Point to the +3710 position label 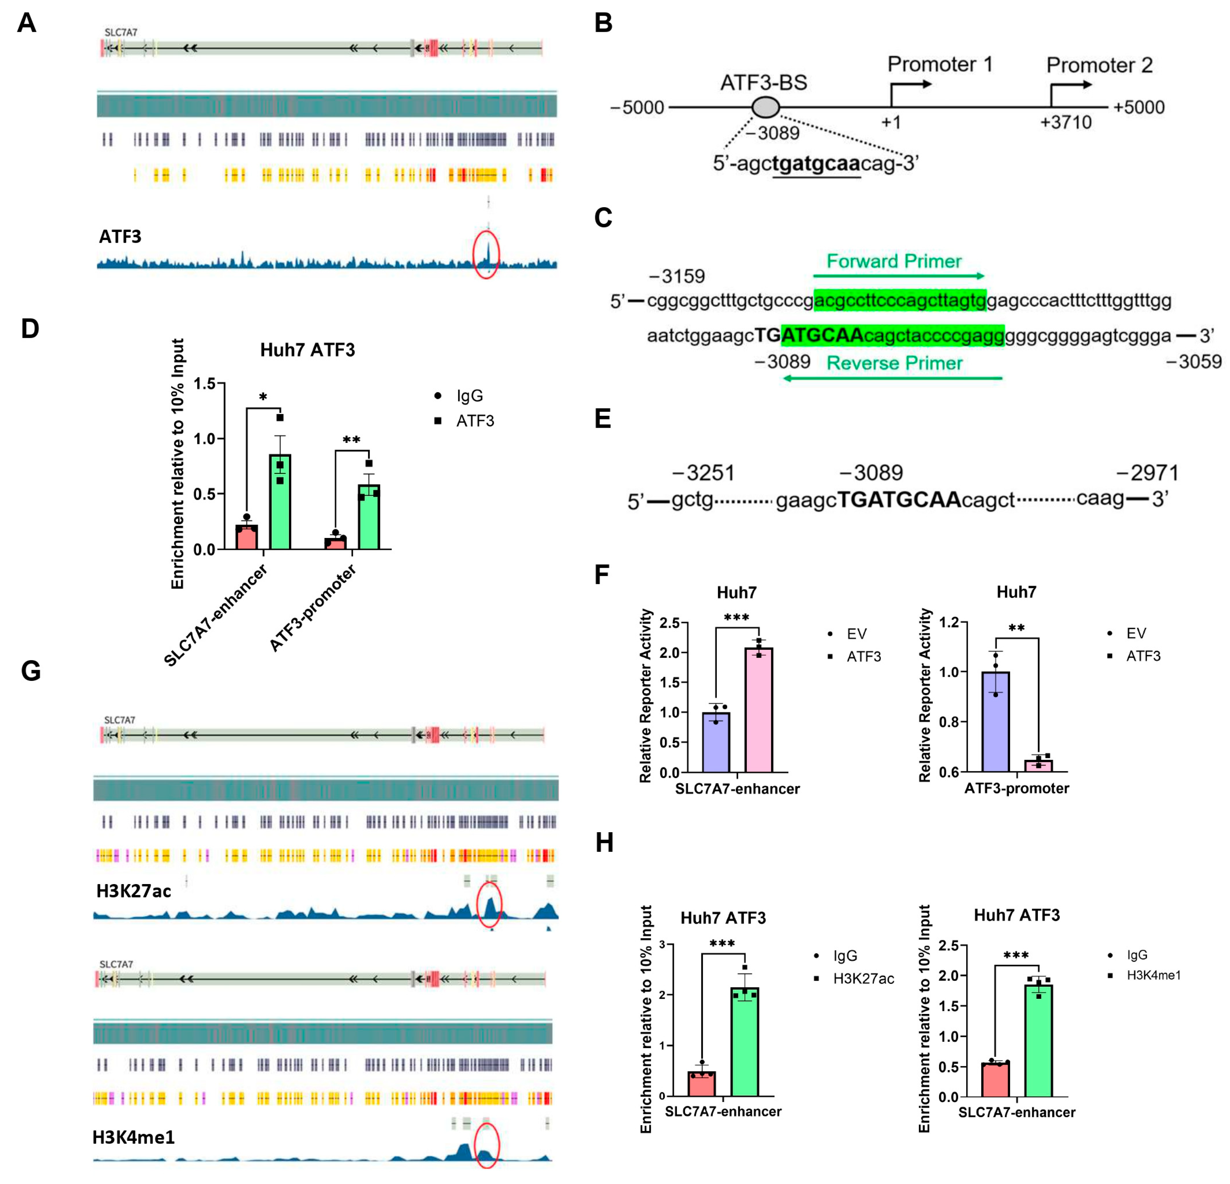click(1066, 123)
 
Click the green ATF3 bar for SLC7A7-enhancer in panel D click(280, 502)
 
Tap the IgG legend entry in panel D click(469, 396)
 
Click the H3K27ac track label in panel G click(134, 891)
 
